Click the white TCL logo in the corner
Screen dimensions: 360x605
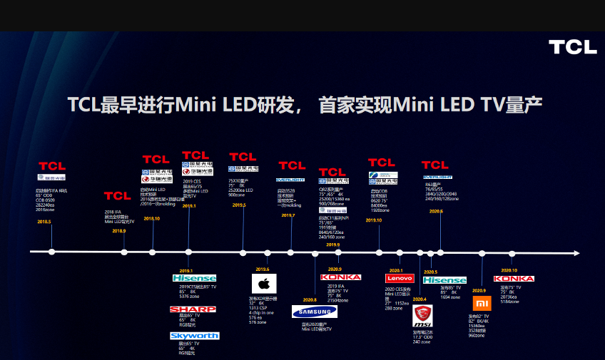(x=572, y=47)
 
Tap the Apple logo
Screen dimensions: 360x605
(x=262, y=284)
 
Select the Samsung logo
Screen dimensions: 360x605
(x=314, y=312)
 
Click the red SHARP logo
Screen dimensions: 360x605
(x=192, y=309)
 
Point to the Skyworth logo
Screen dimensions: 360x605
(x=194, y=335)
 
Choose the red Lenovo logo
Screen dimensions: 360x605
(x=399, y=278)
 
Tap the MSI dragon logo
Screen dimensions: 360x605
(x=423, y=315)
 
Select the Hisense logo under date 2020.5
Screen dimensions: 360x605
(x=444, y=281)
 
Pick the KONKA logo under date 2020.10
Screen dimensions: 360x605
(x=514, y=279)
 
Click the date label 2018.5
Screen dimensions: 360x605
(x=44, y=222)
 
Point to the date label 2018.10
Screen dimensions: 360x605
(x=151, y=219)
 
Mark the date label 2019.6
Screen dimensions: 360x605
(x=263, y=269)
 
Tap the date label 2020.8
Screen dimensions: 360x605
(x=310, y=299)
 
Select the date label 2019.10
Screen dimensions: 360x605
(x=374, y=220)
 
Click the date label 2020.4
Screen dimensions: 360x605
(x=420, y=299)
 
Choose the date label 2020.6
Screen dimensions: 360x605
(x=436, y=211)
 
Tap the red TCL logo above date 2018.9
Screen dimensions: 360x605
(x=117, y=195)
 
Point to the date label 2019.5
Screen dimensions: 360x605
(x=238, y=205)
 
